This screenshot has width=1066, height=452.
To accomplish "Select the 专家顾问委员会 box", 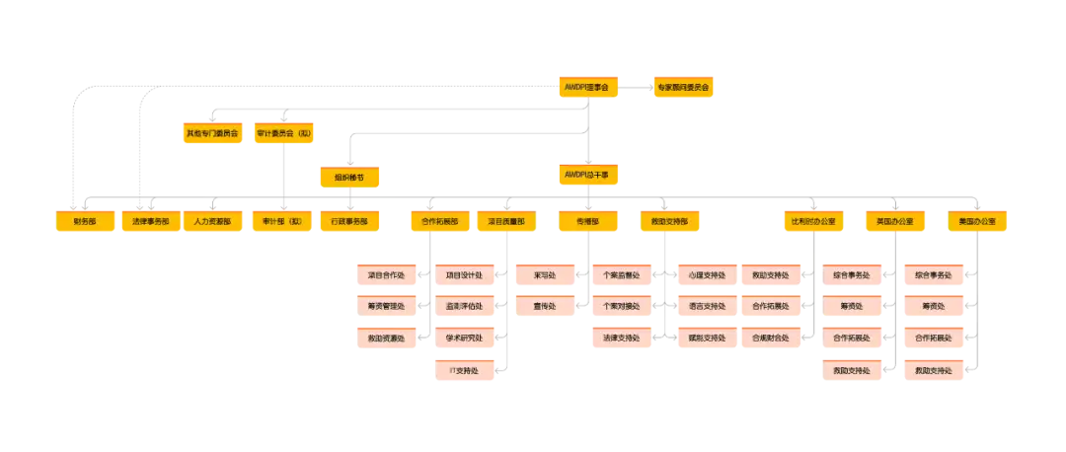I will tap(683, 88).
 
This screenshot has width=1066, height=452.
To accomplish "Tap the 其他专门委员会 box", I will tap(212, 132).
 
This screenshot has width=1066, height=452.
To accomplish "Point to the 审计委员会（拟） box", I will tap(284, 132).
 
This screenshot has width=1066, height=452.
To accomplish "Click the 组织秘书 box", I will tap(349, 178).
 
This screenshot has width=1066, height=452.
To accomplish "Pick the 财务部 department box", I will tap(85, 222).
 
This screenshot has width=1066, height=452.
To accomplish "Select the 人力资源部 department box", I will tap(212, 222).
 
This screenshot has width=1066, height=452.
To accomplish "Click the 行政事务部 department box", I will tap(349, 222).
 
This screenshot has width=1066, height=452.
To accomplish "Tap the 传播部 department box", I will tap(588, 222).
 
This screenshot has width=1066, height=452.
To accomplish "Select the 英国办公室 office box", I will tap(894, 222).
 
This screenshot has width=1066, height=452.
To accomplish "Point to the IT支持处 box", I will tap(464, 371).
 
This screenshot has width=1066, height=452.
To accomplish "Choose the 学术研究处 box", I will tap(464, 339).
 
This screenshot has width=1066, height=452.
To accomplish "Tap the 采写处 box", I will tap(544, 275).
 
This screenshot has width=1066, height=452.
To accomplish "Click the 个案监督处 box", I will tap(622, 275).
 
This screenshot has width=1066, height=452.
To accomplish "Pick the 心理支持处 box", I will tap(707, 275).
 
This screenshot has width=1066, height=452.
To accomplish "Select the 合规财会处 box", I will tap(770, 339).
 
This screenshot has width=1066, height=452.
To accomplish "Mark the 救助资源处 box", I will tap(386, 339).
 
